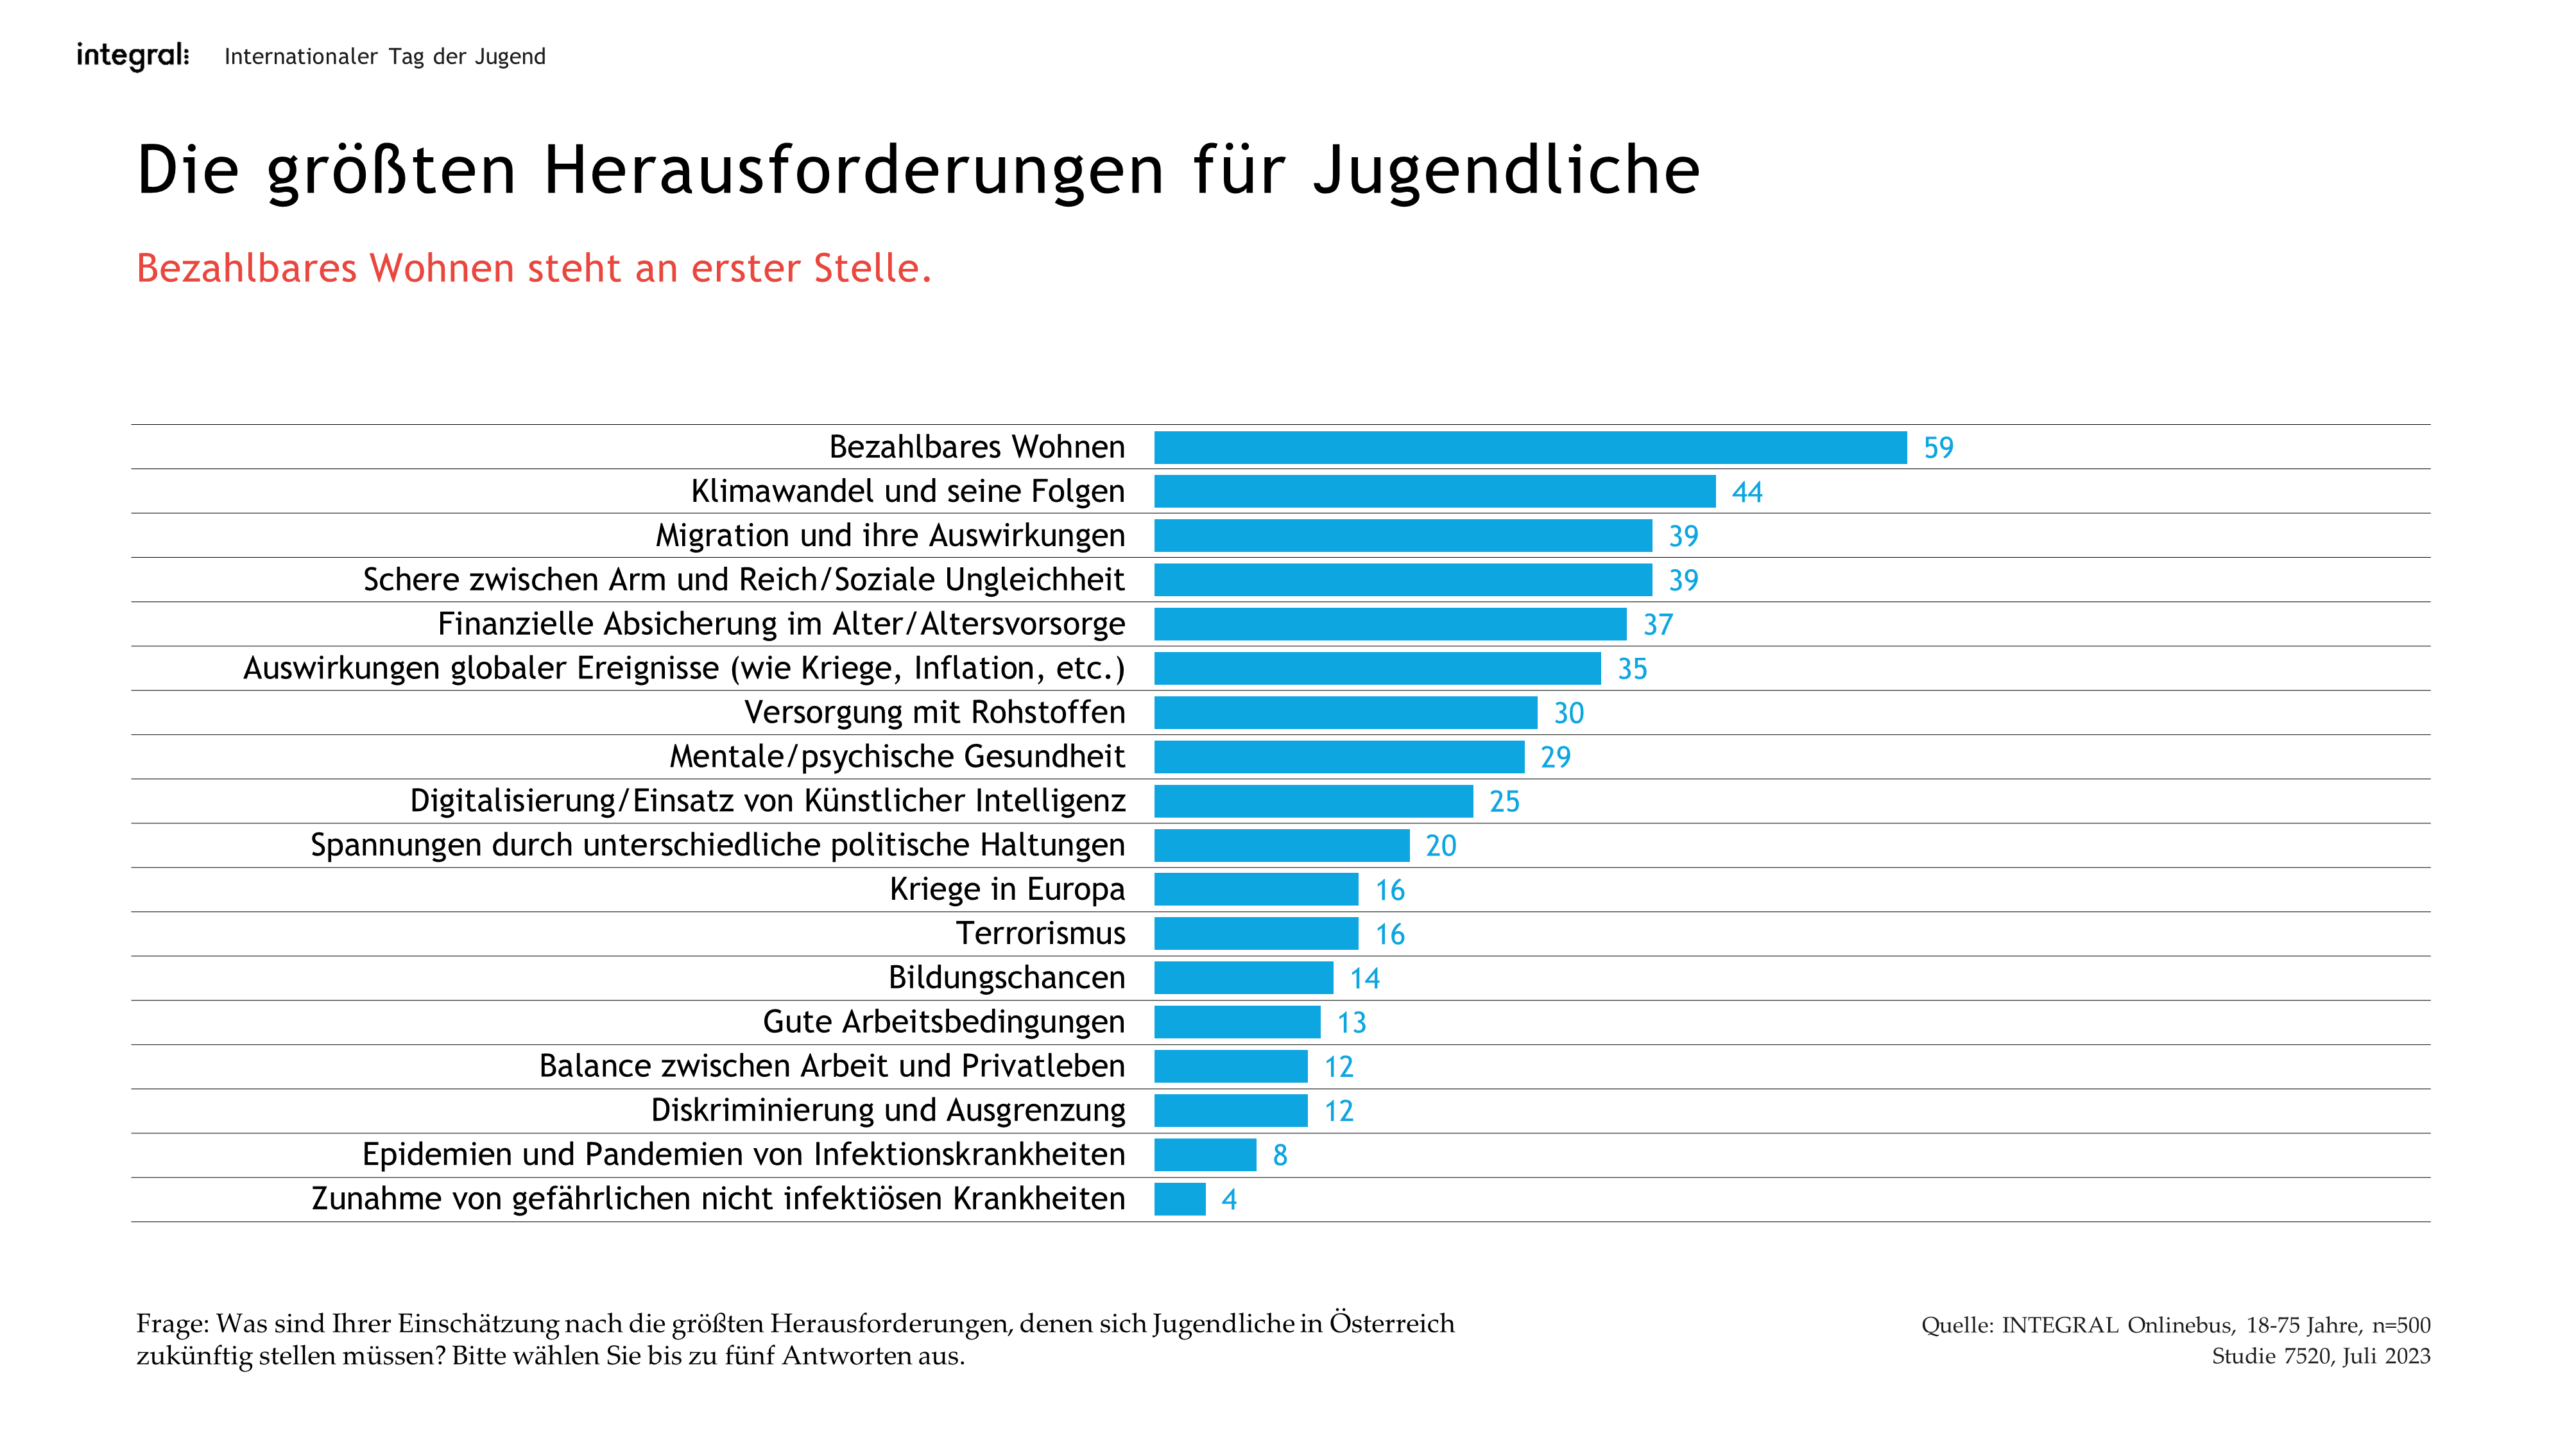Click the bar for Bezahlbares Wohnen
tap(1530, 447)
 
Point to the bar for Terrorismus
tap(1256, 934)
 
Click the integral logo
tap(133, 56)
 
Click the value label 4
tap(1229, 1200)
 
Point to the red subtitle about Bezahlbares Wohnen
tap(533, 268)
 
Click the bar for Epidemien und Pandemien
tap(1205, 1155)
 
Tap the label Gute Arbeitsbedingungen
tap(943, 1022)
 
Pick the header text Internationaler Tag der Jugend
tap(384, 57)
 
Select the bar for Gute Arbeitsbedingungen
tap(1237, 1022)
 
